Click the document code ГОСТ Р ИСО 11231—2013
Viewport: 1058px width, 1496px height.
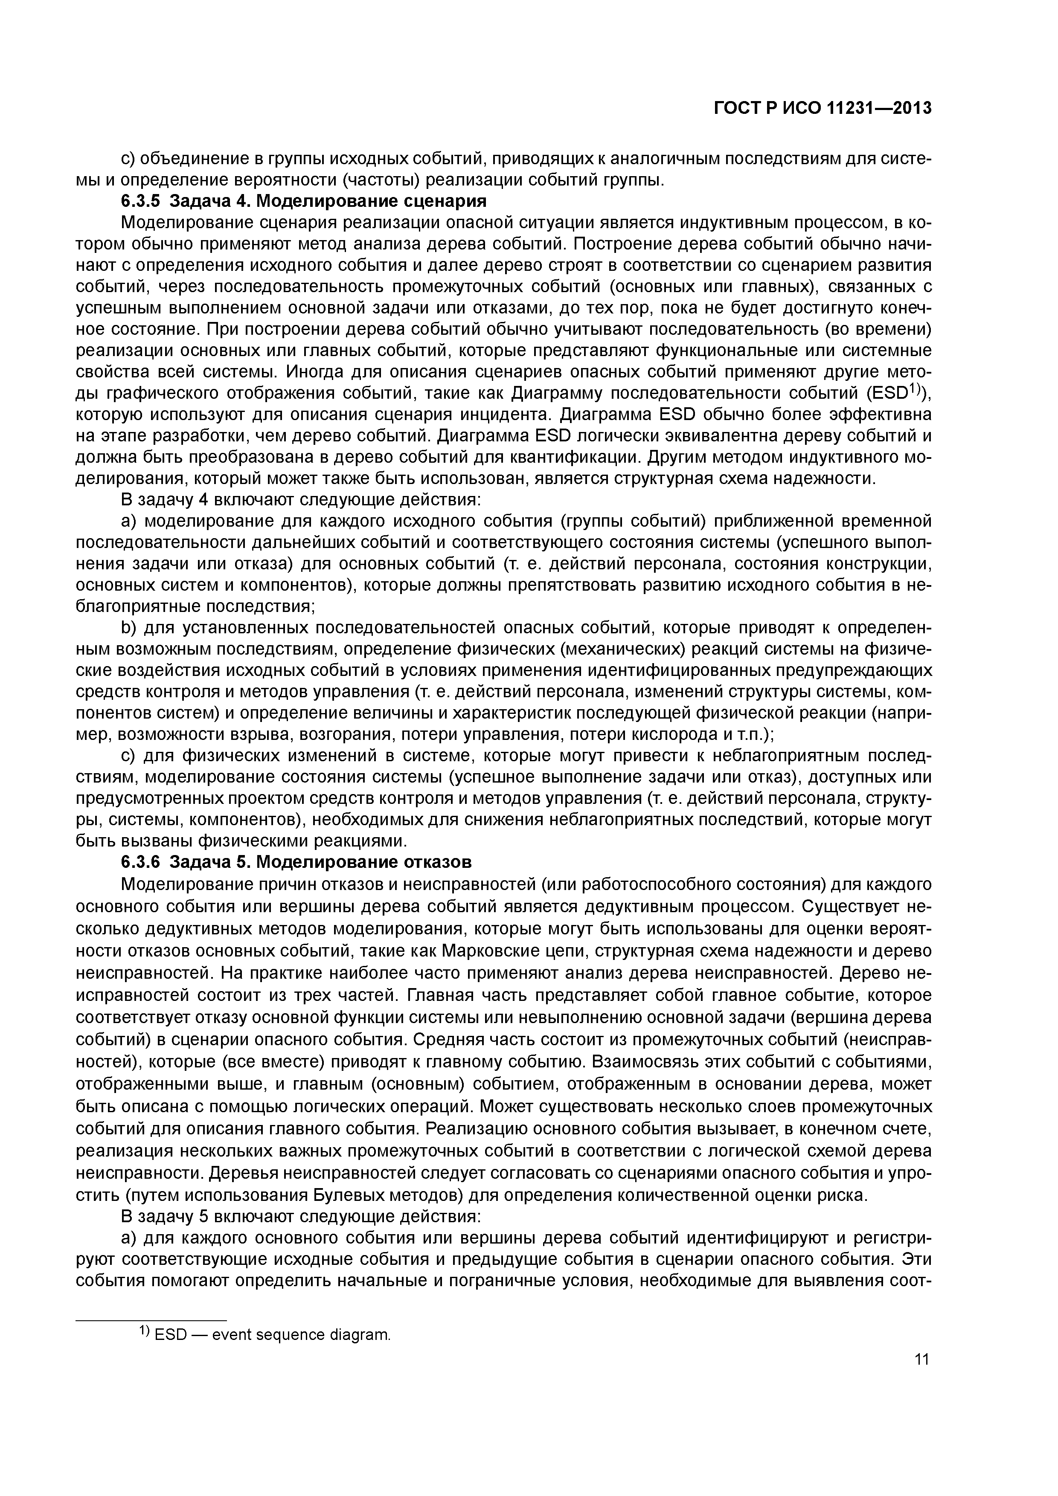pos(823,108)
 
